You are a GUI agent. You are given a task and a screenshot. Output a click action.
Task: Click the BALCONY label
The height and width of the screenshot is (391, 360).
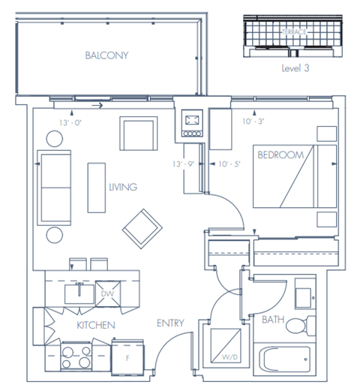tap(106, 56)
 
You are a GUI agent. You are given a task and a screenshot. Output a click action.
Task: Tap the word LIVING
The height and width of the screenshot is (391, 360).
tap(122, 187)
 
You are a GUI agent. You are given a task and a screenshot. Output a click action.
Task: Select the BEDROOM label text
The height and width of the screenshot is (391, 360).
tap(280, 155)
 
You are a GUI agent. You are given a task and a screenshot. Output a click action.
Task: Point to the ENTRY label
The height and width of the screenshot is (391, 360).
tap(171, 323)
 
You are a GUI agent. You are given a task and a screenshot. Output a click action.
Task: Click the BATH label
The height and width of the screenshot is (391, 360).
tap(272, 319)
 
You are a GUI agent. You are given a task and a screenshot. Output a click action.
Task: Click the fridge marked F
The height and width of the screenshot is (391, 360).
tap(127, 356)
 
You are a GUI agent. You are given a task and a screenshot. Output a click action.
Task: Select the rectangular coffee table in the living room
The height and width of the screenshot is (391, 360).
tap(95, 187)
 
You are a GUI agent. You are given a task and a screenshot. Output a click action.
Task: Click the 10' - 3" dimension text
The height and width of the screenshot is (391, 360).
tap(253, 122)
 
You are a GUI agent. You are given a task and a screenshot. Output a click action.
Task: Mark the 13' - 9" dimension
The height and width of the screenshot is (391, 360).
tap(183, 164)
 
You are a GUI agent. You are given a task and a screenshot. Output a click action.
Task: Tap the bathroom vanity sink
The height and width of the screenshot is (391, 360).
tap(304, 295)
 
